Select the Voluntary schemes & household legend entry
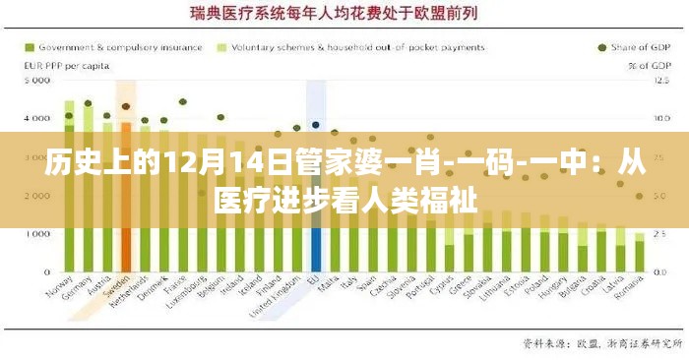(355, 46)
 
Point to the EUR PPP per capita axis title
(65, 66)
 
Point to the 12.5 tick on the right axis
(660, 80)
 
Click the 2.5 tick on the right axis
(660, 234)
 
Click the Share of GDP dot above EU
(316, 125)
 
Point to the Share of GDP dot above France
(183, 100)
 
